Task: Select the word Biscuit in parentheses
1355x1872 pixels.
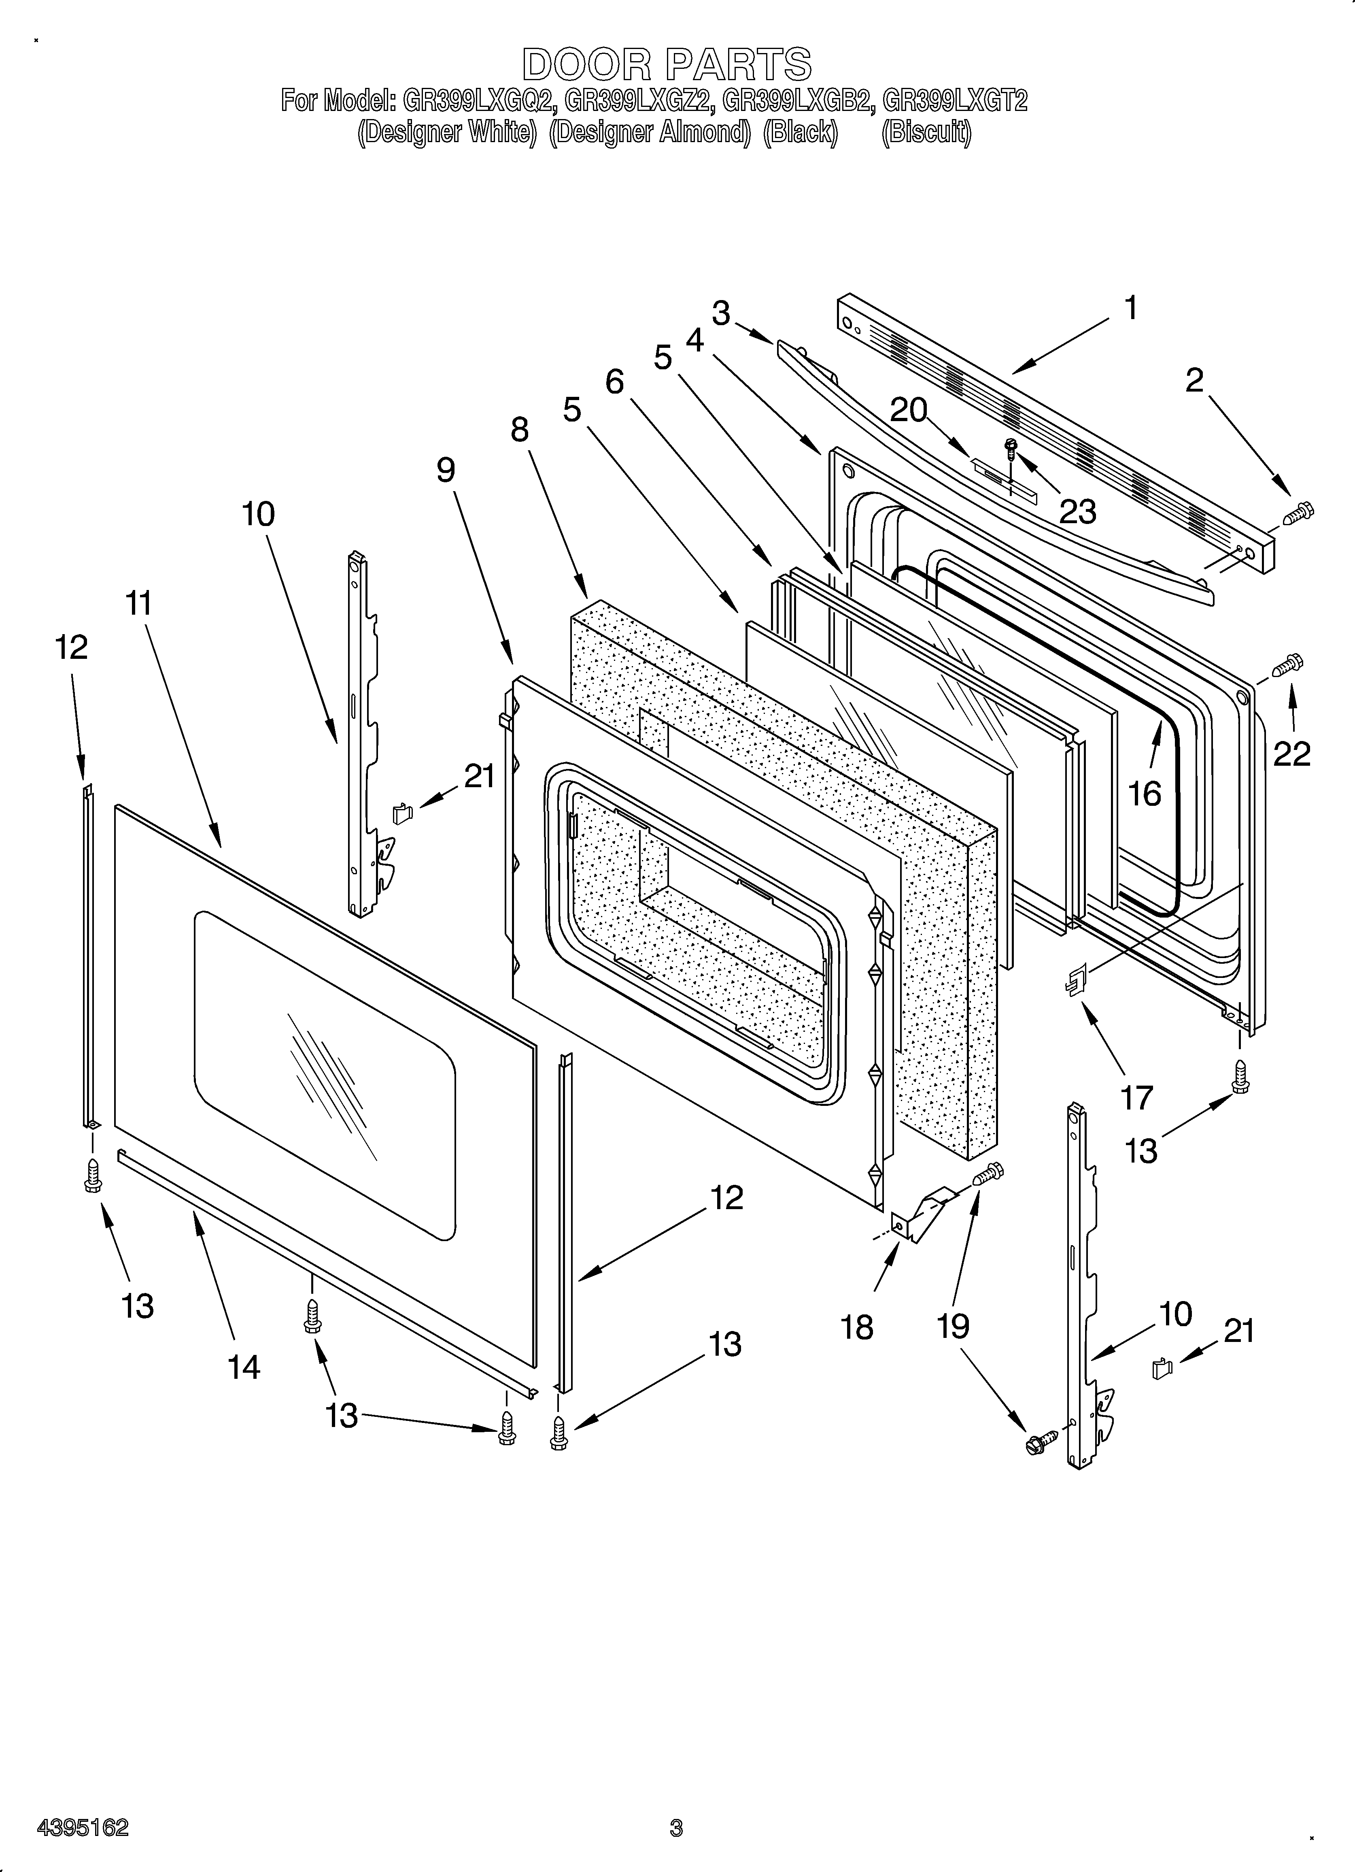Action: [x=926, y=132]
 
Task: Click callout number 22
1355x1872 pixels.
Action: [x=1291, y=753]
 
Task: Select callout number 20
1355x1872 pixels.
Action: [x=909, y=410]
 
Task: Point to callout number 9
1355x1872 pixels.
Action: [x=446, y=470]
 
